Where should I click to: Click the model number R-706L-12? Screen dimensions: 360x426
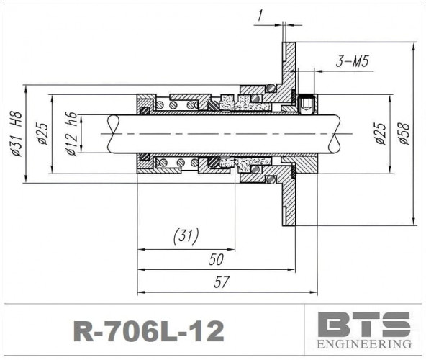point(149,330)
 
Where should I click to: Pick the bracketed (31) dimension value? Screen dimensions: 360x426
point(186,235)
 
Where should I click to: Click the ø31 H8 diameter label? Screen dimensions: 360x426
point(16,133)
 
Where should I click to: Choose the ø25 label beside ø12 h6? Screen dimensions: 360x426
point(42,133)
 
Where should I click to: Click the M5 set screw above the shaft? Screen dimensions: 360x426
point(307,105)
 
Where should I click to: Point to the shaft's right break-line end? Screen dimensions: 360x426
point(338,134)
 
